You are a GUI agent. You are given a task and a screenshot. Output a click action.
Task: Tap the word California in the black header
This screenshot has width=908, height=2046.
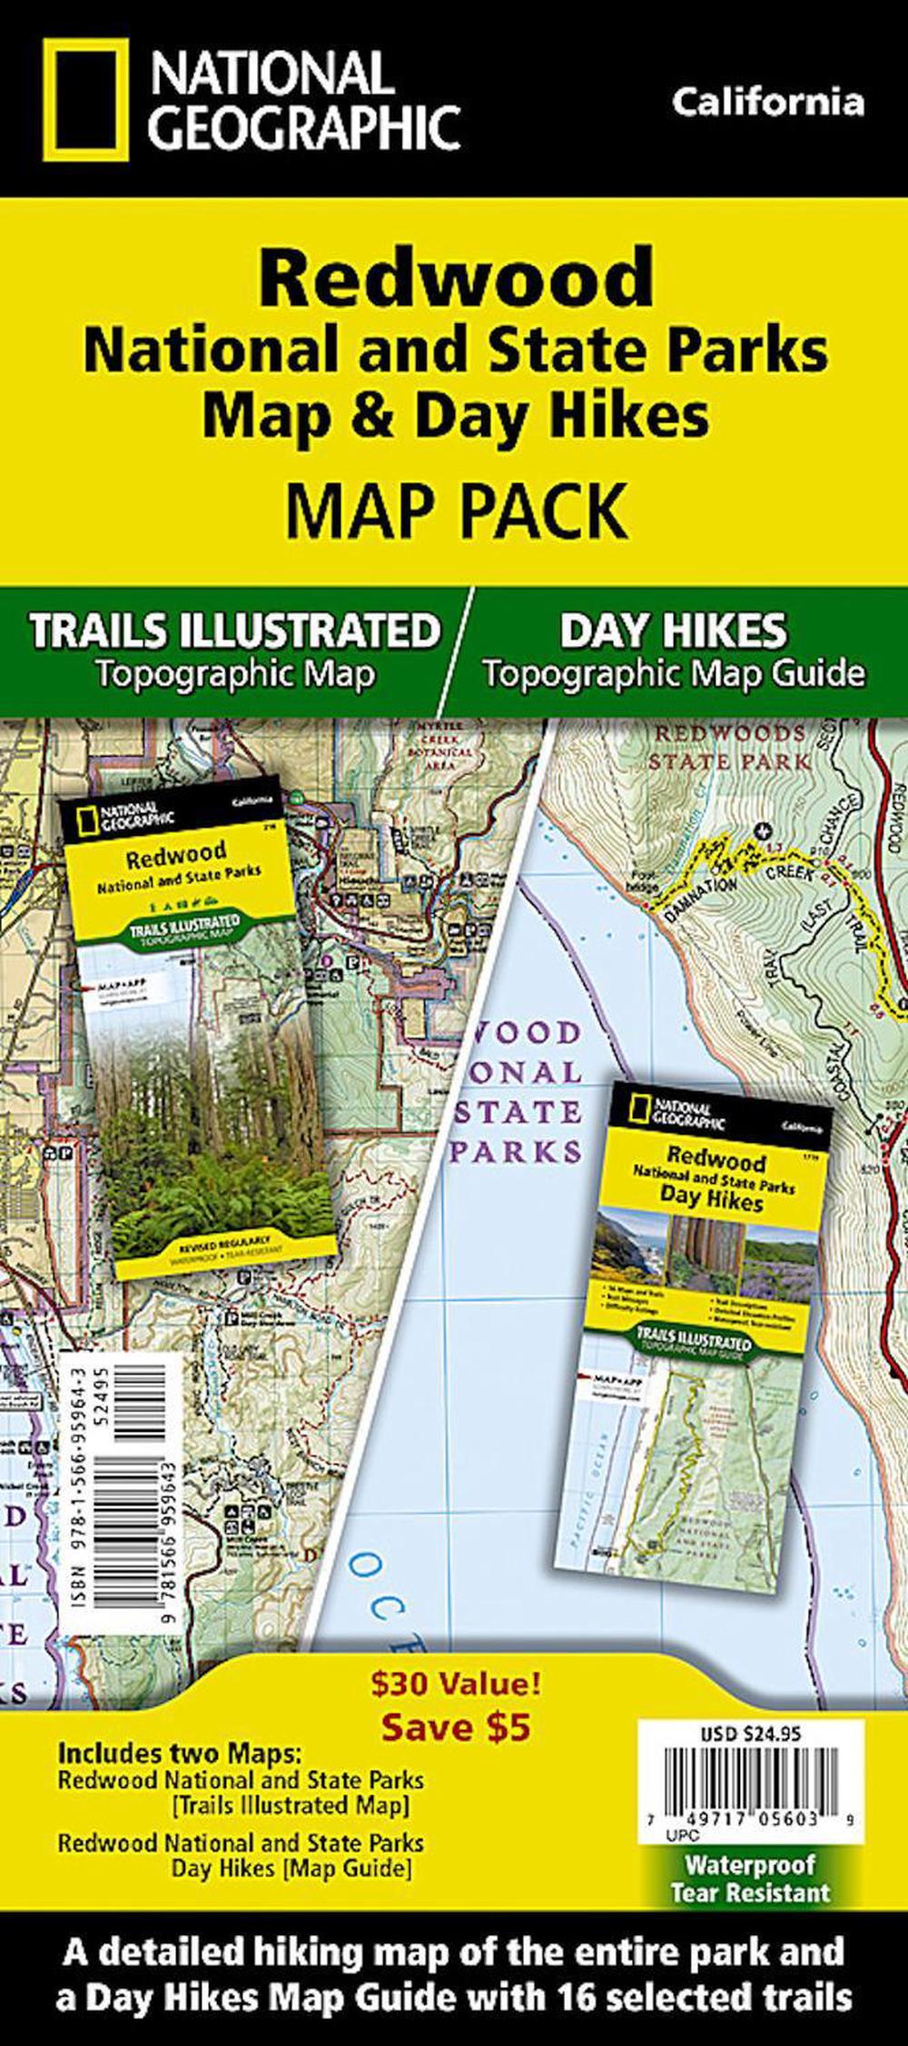[x=767, y=102]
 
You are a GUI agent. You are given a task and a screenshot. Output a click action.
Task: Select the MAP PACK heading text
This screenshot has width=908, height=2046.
[x=456, y=511]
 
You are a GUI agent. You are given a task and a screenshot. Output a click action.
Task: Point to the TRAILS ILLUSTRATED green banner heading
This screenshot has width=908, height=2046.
[x=234, y=631]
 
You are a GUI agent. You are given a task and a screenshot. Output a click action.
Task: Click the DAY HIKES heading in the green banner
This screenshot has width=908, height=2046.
[x=673, y=631]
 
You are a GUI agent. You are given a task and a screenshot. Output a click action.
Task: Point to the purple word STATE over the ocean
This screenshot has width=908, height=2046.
[x=516, y=1110]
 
